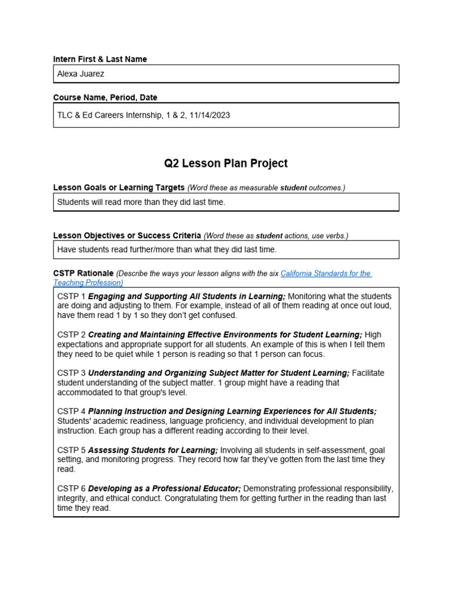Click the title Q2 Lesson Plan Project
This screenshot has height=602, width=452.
pos(225,163)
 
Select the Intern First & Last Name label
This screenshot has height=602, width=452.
pos(100,59)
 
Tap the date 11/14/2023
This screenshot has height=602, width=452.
pos(210,115)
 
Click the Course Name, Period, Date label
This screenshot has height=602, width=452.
pos(105,98)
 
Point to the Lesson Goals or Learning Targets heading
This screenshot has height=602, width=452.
pos(119,188)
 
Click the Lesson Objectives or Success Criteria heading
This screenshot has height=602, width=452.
pos(127,236)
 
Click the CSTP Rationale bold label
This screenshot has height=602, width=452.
pos(83,273)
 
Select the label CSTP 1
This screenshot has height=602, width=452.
pos(71,296)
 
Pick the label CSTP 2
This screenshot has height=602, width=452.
pos(71,335)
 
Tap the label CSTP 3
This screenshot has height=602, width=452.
pos(71,373)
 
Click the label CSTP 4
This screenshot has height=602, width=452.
pos(71,412)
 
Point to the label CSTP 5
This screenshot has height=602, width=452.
pos(71,450)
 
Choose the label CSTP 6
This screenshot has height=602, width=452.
pos(71,489)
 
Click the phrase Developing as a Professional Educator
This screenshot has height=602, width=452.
pos(164,489)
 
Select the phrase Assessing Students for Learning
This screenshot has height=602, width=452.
pos(152,450)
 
